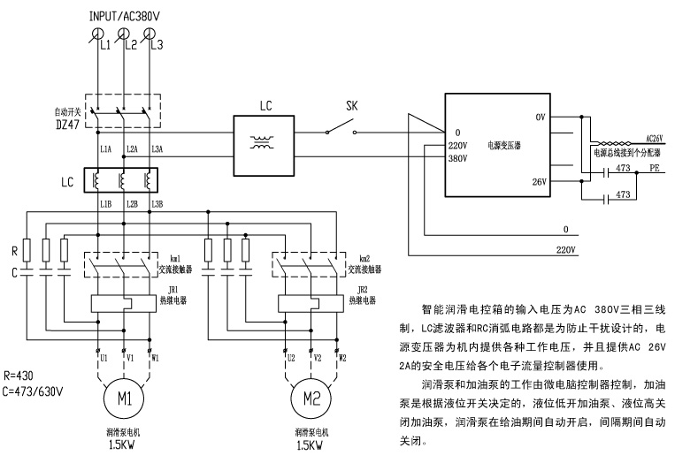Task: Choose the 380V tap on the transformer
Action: point(457,160)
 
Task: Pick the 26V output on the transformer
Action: point(541,183)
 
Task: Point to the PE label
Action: point(655,167)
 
